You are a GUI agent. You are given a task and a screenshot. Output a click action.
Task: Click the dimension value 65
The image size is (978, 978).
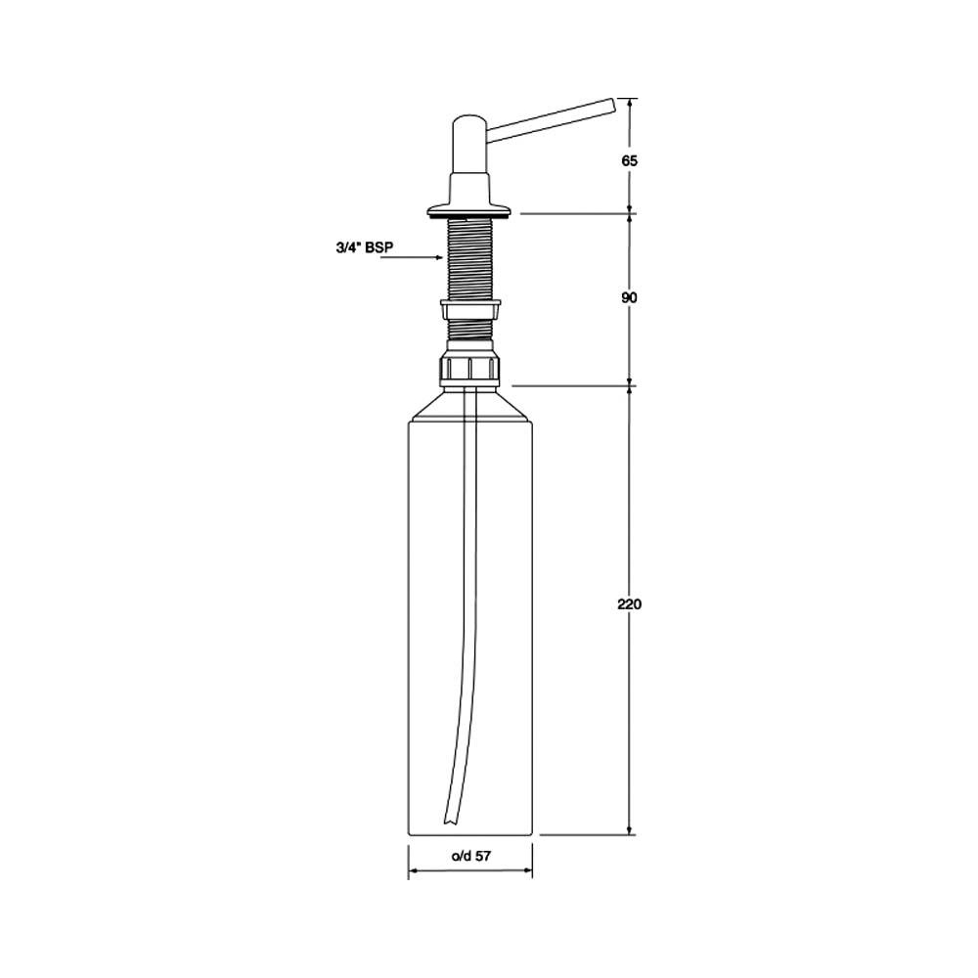point(629,161)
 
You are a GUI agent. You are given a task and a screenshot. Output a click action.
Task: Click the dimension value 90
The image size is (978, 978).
point(629,298)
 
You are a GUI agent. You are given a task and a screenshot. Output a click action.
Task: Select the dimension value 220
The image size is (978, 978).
point(629,603)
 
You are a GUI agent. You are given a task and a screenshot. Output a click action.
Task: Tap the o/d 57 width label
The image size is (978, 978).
point(471,856)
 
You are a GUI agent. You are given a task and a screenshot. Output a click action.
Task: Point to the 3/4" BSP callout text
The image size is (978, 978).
point(365,247)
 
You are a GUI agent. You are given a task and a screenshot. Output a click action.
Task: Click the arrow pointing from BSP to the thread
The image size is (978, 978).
point(413,256)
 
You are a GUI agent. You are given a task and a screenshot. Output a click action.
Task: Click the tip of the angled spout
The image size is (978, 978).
point(612,106)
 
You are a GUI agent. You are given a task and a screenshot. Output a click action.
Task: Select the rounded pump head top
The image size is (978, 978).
point(471,121)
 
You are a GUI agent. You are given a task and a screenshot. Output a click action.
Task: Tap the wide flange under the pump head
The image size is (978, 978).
point(469,211)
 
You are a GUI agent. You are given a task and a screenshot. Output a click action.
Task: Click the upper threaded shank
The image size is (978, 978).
point(470,259)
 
